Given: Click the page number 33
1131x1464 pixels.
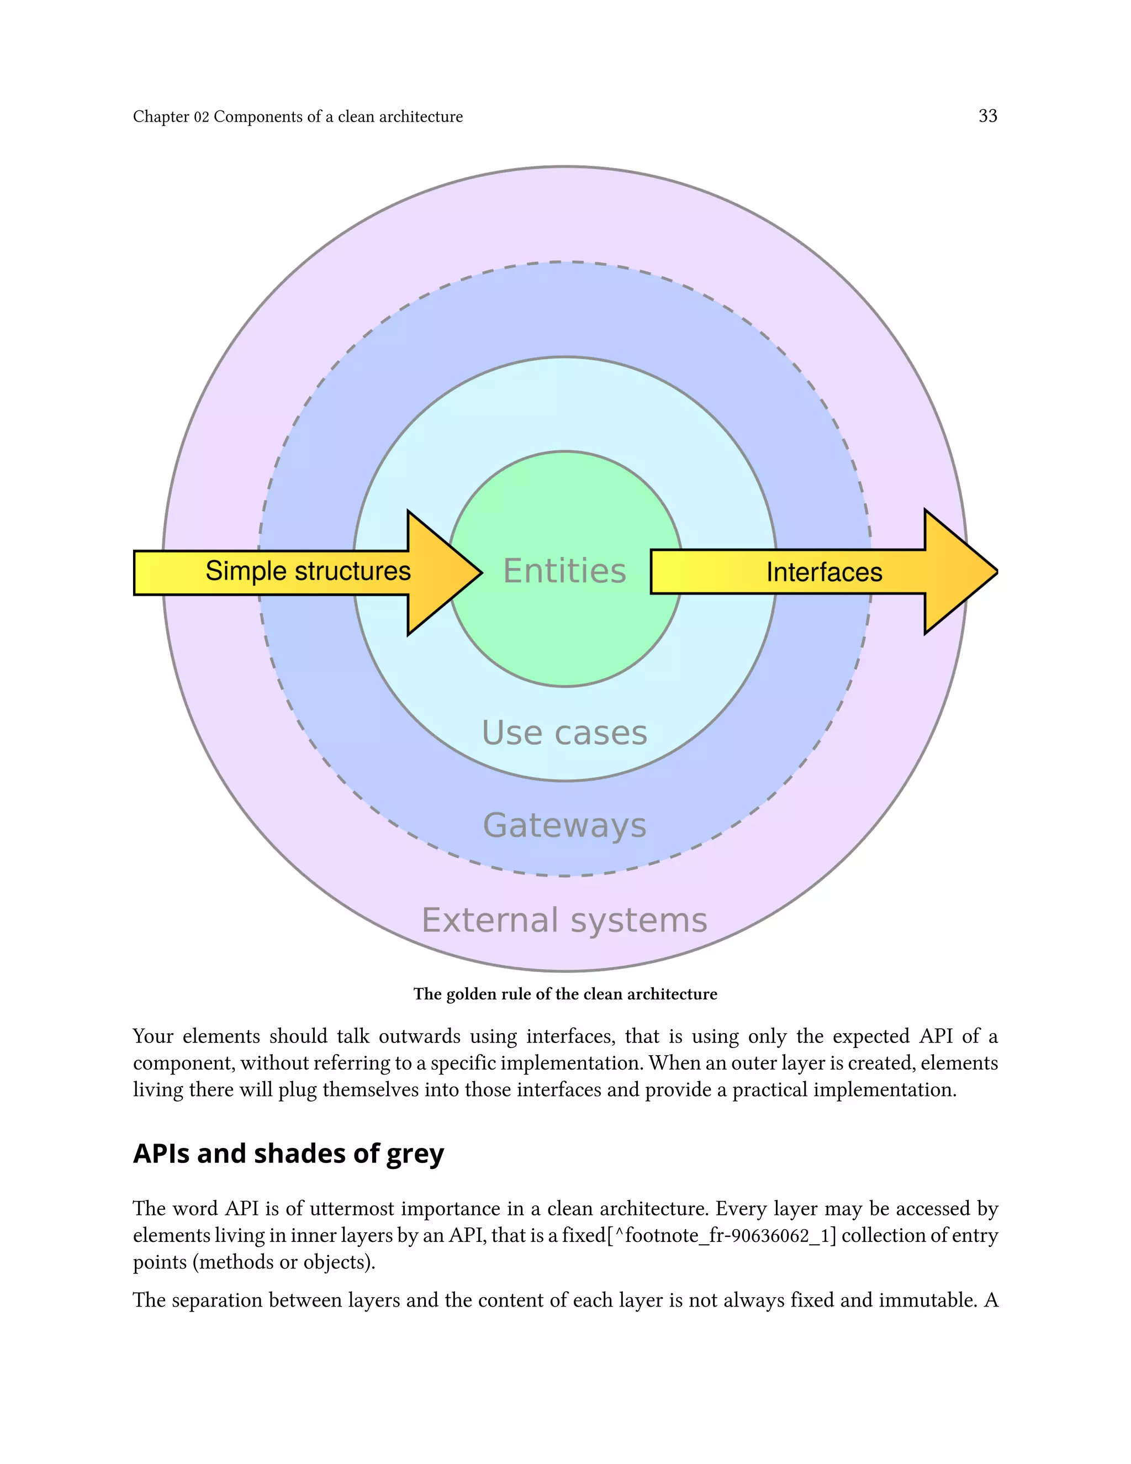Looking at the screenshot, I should [x=987, y=116].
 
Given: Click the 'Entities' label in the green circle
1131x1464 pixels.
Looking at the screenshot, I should [x=564, y=571].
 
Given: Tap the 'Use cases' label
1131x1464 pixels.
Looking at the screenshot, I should [x=564, y=733].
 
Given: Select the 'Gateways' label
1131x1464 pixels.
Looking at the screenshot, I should [x=564, y=825].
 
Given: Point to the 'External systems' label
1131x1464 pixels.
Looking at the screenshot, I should [x=564, y=920].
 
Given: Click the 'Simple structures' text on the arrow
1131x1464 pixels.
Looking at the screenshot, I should [x=308, y=571].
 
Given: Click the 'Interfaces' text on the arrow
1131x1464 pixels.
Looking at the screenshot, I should [x=823, y=572].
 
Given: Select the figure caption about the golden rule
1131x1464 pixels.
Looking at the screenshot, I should [x=565, y=994].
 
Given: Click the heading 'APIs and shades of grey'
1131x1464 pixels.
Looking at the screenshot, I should [x=288, y=1154].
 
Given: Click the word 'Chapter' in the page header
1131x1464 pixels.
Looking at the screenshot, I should [x=161, y=117].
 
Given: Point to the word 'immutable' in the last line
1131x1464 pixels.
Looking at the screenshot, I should [x=924, y=1300].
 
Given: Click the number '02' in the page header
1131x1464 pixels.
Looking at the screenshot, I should [x=202, y=117].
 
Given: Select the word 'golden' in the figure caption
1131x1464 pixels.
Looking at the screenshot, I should [x=472, y=994].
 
